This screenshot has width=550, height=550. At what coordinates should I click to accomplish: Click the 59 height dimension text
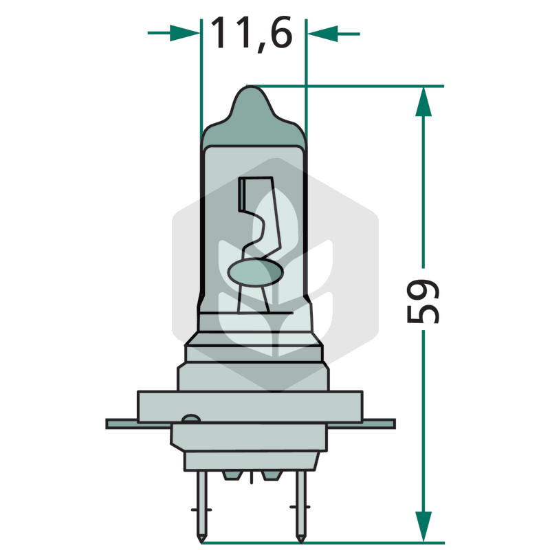pyautogui.click(x=423, y=300)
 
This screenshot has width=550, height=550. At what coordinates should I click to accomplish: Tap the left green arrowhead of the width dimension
pyautogui.click(x=184, y=33)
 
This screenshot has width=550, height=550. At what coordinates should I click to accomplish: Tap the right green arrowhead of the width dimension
pyautogui.click(x=323, y=34)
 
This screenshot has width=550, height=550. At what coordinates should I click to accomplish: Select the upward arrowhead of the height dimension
pyautogui.click(x=423, y=102)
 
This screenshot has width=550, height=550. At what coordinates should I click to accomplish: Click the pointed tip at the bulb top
pyautogui.click(x=250, y=87)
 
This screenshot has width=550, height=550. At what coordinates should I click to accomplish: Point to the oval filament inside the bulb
pyautogui.click(x=255, y=272)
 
